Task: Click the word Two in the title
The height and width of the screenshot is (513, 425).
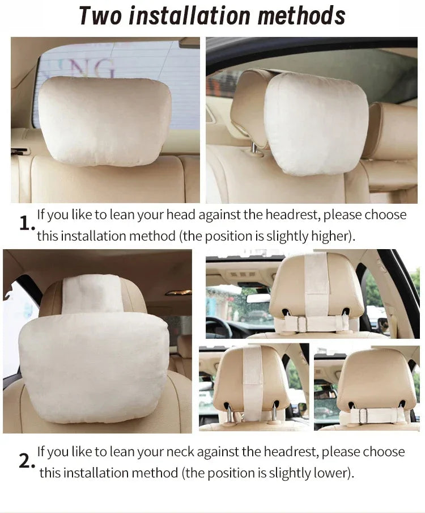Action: click(100, 15)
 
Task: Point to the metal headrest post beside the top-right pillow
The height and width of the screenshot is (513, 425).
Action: click(254, 148)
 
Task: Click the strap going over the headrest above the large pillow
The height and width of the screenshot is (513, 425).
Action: click(92, 293)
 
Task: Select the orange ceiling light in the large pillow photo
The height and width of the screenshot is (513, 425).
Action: click(178, 292)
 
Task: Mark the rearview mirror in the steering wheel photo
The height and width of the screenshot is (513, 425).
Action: click(258, 298)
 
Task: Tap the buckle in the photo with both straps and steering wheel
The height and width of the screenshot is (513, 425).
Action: click(302, 324)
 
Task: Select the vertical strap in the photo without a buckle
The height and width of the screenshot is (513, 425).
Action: click(253, 380)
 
